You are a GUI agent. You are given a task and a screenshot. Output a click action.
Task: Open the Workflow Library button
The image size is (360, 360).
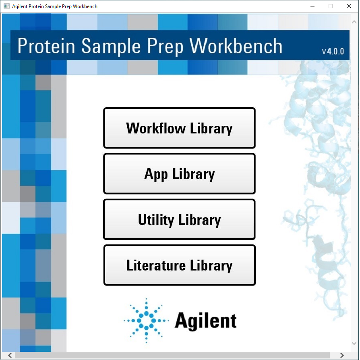coord(179,128)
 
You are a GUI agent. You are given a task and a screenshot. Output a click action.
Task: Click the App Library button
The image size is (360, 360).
coord(179,174)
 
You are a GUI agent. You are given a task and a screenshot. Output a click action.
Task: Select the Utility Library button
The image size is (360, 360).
coord(179,219)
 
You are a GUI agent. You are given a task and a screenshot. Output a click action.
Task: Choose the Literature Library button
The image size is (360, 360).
coord(179,265)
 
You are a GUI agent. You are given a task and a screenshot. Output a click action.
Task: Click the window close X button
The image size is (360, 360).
coord(349,6)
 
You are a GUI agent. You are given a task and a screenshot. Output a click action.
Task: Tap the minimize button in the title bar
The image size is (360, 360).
coord(312,6)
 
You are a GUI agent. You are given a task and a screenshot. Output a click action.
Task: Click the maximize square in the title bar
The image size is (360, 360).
coord(331,6)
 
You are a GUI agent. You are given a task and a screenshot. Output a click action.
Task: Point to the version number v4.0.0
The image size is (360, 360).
coord(333,51)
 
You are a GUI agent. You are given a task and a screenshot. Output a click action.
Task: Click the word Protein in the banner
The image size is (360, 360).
coord(46,46)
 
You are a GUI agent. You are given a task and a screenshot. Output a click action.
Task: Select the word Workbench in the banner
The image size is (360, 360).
coord(236,46)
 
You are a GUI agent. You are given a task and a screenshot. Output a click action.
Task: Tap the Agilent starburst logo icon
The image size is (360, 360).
coord(146,320)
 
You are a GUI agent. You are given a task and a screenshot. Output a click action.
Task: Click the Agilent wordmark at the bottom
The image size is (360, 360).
coord(205,320)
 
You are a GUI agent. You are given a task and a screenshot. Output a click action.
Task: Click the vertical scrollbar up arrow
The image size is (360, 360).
coord(354,22)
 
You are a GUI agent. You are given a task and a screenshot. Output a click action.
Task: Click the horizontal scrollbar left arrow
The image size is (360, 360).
coord(10,355)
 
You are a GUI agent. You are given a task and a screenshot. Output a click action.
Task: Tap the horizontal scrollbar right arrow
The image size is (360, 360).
coord(342,355)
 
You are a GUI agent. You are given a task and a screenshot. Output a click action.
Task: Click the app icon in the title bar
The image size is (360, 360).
coord(6,6)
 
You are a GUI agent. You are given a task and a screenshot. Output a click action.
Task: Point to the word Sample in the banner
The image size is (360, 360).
coord(111,46)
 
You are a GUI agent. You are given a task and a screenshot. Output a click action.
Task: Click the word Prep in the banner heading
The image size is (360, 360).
coord(165,47)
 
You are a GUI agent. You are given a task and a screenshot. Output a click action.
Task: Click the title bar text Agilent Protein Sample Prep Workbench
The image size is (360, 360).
coord(55,6)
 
